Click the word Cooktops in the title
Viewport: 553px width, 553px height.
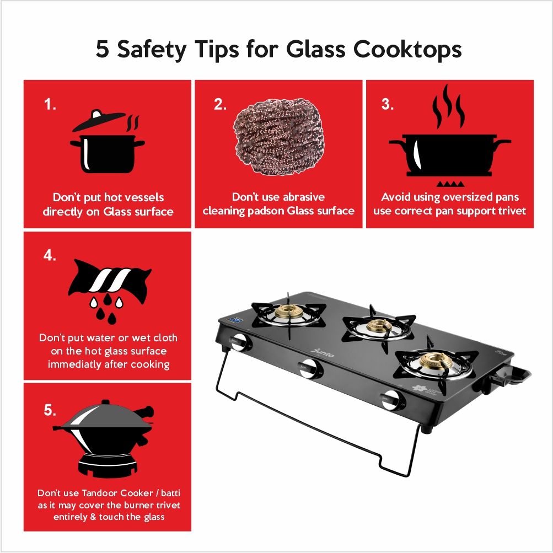pyautogui.click(x=407, y=49)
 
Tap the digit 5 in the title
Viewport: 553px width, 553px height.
pyautogui.click(x=103, y=49)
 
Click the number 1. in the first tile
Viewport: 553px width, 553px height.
pyautogui.click(x=50, y=104)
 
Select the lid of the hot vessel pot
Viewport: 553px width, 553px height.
pyautogui.click(x=99, y=120)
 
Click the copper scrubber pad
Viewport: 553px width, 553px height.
pyautogui.click(x=278, y=136)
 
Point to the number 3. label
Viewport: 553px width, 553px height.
pyautogui.click(x=387, y=104)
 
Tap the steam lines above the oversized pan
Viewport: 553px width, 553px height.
pyautogui.click(x=448, y=106)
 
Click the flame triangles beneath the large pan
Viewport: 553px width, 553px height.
pyautogui.click(x=450, y=184)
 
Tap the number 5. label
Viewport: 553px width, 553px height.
pyautogui.click(x=50, y=410)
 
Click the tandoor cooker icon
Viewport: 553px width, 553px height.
pyautogui.click(x=105, y=439)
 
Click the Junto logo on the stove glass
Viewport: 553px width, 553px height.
pyautogui.click(x=323, y=352)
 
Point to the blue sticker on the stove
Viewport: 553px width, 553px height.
pyautogui.click(x=235, y=320)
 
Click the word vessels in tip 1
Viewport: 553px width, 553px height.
pyautogui.click(x=145, y=197)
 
